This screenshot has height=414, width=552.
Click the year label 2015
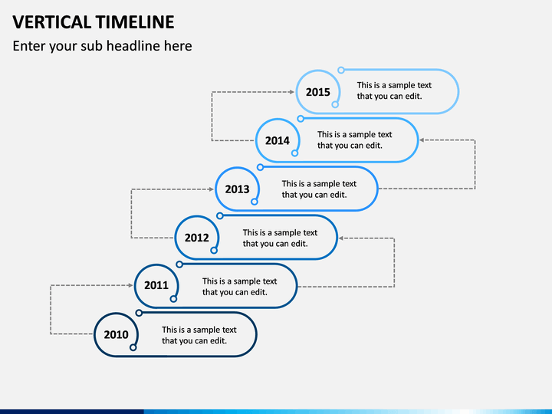pos(318,92)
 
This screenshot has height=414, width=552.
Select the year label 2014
pos(278,141)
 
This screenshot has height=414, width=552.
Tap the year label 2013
pos(237,189)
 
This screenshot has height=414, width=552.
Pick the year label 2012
pos(197,238)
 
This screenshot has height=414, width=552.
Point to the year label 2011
pos(156,285)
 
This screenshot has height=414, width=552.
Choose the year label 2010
pos(117,334)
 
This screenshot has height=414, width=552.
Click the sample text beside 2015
pos(394,90)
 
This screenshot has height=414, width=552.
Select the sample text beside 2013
pos(319,189)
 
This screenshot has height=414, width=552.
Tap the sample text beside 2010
pos(199,335)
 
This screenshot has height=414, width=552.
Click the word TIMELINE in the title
pos(135,21)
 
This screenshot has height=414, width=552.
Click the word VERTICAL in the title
pos(52,21)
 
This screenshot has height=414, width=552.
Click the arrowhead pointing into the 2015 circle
pos(292,92)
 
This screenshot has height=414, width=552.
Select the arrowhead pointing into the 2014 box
pos(422,140)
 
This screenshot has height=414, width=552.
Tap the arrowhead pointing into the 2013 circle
pos(212,189)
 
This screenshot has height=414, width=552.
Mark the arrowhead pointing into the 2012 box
pos(340,238)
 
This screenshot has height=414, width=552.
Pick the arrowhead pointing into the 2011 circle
pos(130,285)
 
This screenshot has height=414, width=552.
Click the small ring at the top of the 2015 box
pos(340,70)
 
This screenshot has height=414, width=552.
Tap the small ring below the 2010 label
pos(133,347)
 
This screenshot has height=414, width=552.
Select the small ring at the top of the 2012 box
pos(220,215)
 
